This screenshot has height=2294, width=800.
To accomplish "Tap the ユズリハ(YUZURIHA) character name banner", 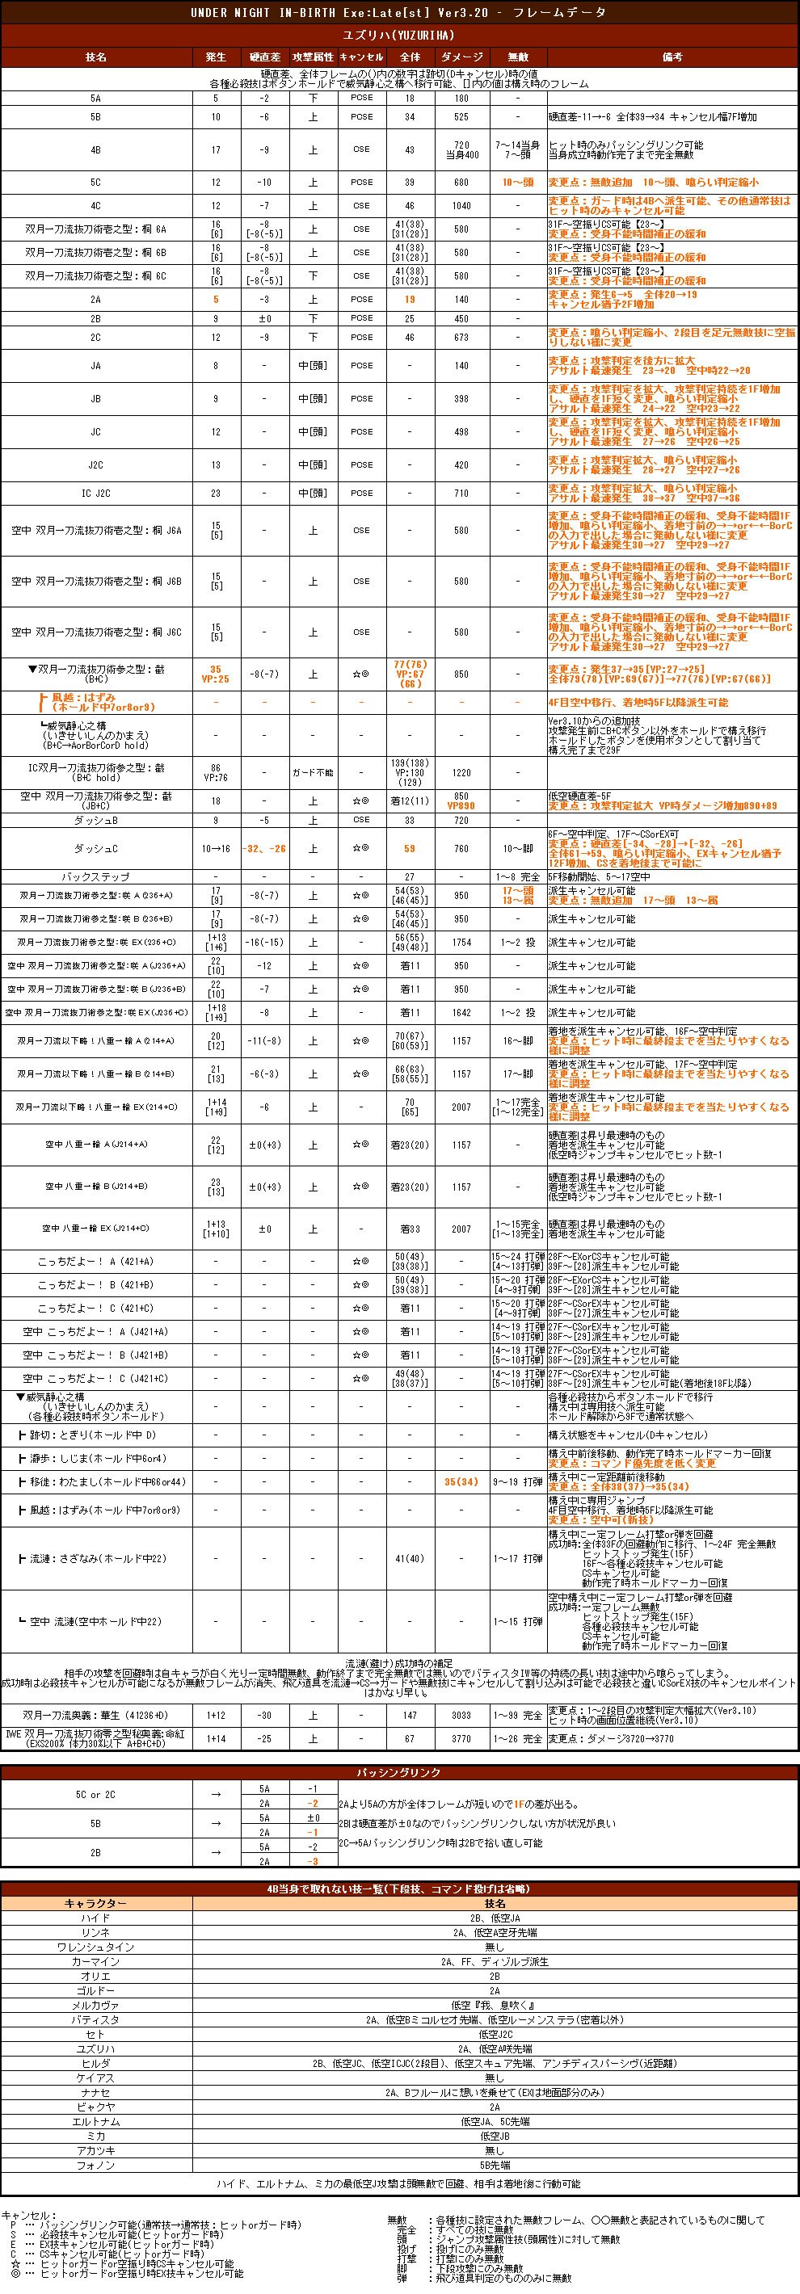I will pyautogui.click(x=400, y=35).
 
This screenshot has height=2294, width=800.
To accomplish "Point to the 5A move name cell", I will pyautogui.click(x=96, y=98).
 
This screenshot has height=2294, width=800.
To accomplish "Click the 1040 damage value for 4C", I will pyautogui.click(x=461, y=206).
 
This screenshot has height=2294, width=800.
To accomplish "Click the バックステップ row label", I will pyautogui.click(x=96, y=877).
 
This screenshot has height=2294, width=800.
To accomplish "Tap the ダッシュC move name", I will pyautogui.click(x=96, y=849).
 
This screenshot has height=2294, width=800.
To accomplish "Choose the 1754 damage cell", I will pyautogui.click(x=461, y=942).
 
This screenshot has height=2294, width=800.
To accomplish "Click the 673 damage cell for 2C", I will pyautogui.click(x=461, y=338).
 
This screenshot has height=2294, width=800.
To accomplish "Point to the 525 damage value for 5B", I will pyautogui.click(x=461, y=116).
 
